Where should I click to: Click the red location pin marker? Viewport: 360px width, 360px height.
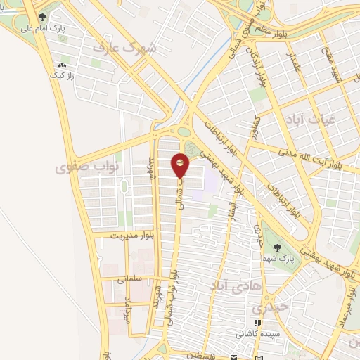[181, 165]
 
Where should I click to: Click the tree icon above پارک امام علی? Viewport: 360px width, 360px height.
[44, 17]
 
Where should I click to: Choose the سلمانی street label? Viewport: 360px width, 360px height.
[130, 279]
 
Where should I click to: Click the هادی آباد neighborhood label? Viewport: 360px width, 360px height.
[231, 285]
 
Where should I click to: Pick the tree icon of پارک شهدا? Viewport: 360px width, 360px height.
[278, 247]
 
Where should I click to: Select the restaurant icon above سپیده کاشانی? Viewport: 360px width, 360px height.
[257, 323]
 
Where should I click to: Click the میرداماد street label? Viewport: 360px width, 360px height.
[128, 309]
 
